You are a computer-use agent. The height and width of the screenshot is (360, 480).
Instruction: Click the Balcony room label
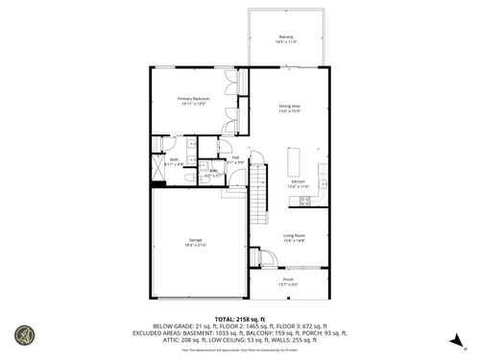tap(286, 36)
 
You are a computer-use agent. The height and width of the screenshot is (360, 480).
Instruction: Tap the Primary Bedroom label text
tap(194, 98)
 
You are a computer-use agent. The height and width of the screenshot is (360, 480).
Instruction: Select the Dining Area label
tap(289, 106)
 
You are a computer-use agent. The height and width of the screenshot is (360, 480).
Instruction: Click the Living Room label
tap(293, 235)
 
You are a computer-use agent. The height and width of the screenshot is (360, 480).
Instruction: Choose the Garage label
tap(195, 239)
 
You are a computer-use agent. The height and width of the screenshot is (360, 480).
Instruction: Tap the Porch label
tap(288, 279)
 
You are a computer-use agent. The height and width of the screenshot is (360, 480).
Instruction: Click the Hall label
tap(235, 156)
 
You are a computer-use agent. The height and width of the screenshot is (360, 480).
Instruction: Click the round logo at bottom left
tap(24, 336)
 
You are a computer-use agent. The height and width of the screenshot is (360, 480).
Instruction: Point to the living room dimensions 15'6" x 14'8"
tap(293, 241)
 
